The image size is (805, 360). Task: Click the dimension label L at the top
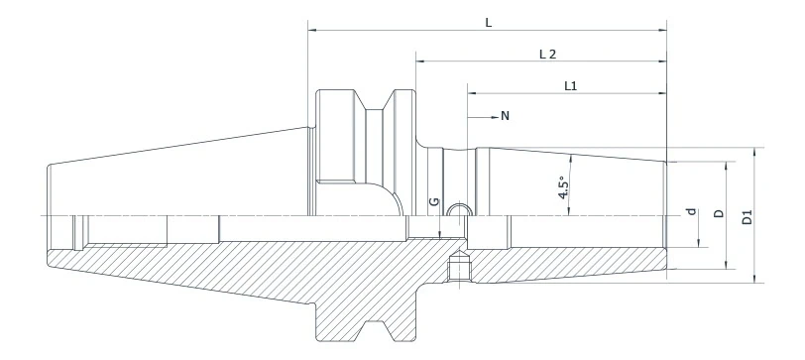point(489,21)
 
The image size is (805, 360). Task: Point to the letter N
point(505,116)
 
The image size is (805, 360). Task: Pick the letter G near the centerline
point(433,202)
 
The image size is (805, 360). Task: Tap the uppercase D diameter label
point(719,213)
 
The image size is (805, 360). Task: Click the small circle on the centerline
point(458,210)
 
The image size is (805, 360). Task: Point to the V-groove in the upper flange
point(375,104)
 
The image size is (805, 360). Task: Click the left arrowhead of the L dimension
point(312,31)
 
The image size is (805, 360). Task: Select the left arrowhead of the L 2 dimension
point(420,62)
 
